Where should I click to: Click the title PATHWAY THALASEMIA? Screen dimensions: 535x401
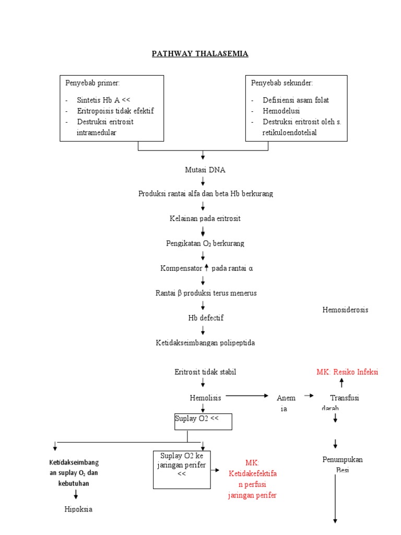[x=200, y=54]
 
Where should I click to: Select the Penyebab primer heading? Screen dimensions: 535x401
[x=92, y=83]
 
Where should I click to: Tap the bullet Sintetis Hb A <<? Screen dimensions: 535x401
[x=104, y=100]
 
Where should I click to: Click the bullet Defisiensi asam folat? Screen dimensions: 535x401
[x=296, y=100]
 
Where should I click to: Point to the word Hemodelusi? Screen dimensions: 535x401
[x=281, y=111]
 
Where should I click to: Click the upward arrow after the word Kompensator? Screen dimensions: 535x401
[x=207, y=267]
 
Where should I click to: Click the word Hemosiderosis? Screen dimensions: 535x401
[x=345, y=310]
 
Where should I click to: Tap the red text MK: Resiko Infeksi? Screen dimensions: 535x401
[x=347, y=372]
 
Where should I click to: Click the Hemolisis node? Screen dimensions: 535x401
[x=205, y=398]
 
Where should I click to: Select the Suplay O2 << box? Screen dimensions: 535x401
[x=203, y=421]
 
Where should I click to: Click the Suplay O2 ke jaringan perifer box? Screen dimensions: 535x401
[x=182, y=469]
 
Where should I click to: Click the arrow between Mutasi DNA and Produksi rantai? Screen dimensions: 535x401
[x=203, y=181]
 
